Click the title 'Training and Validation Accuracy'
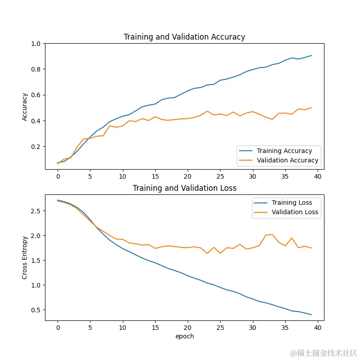(184, 37)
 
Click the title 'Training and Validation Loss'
(184, 188)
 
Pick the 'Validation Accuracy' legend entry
(288, 160)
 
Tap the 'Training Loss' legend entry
(292, 202)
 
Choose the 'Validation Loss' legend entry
(295, 212)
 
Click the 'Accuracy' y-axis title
(25, 107)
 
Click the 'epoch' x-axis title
(184, 336)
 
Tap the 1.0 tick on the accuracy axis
(36, 44)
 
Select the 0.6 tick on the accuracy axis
(36, 95)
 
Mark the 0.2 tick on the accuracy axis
(36, 147)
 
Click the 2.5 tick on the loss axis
(36, 211)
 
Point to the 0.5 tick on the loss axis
(36, 310)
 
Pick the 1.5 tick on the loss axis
(36, 261)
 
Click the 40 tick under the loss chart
(318, 328)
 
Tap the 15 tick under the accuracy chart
(155, 176)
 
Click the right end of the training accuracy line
(311, 55)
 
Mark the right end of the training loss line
(311, 315)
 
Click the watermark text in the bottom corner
(324, 352)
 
